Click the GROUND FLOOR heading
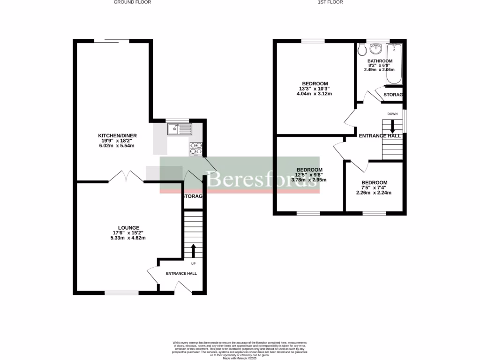133,2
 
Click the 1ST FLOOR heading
330,2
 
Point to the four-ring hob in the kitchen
196,149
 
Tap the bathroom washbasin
376,48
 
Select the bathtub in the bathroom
395,64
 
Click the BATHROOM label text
380,61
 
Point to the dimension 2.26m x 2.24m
374,192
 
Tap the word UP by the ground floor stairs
193,263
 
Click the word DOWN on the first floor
393,114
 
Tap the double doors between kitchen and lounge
126,176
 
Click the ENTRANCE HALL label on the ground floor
181,273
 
